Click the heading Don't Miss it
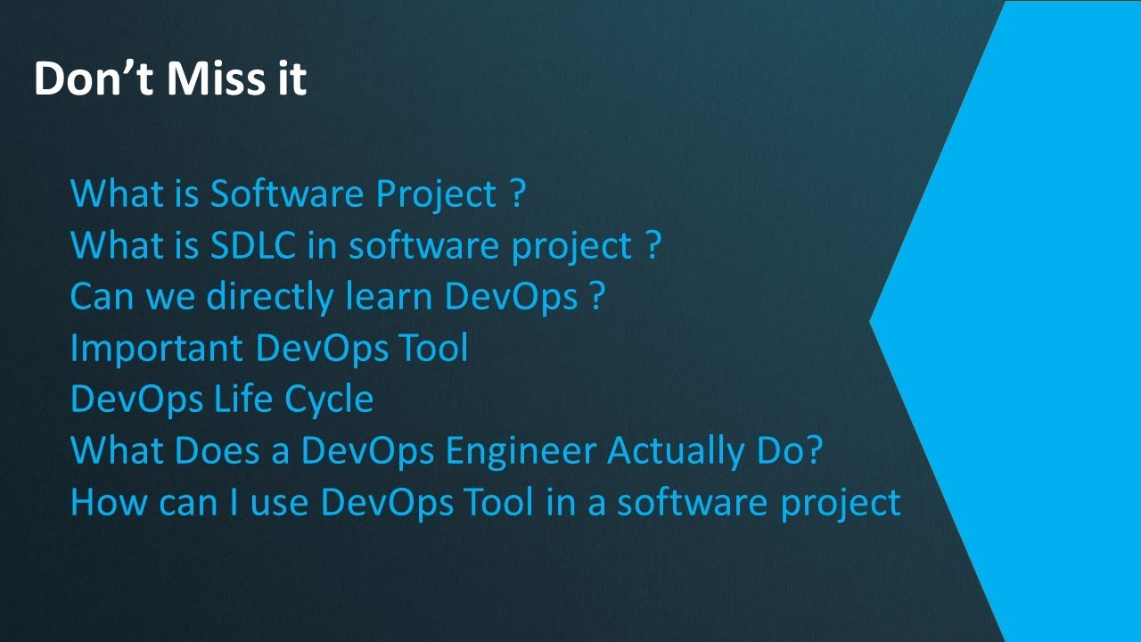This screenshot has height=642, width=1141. (x=170, y=78)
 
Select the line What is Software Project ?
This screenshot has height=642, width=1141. (x=298, y=193)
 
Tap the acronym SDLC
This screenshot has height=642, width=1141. (x=254, y=245)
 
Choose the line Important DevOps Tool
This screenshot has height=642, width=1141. (x=268, y=348)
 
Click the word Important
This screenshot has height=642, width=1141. (x=157, y=348)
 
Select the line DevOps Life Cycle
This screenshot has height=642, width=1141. (x=221, y=399)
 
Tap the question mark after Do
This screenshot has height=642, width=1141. (x=811, y=450)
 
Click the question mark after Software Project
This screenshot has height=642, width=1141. (x=518, y=193)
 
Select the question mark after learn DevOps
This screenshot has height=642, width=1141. (x=597, y=296)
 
